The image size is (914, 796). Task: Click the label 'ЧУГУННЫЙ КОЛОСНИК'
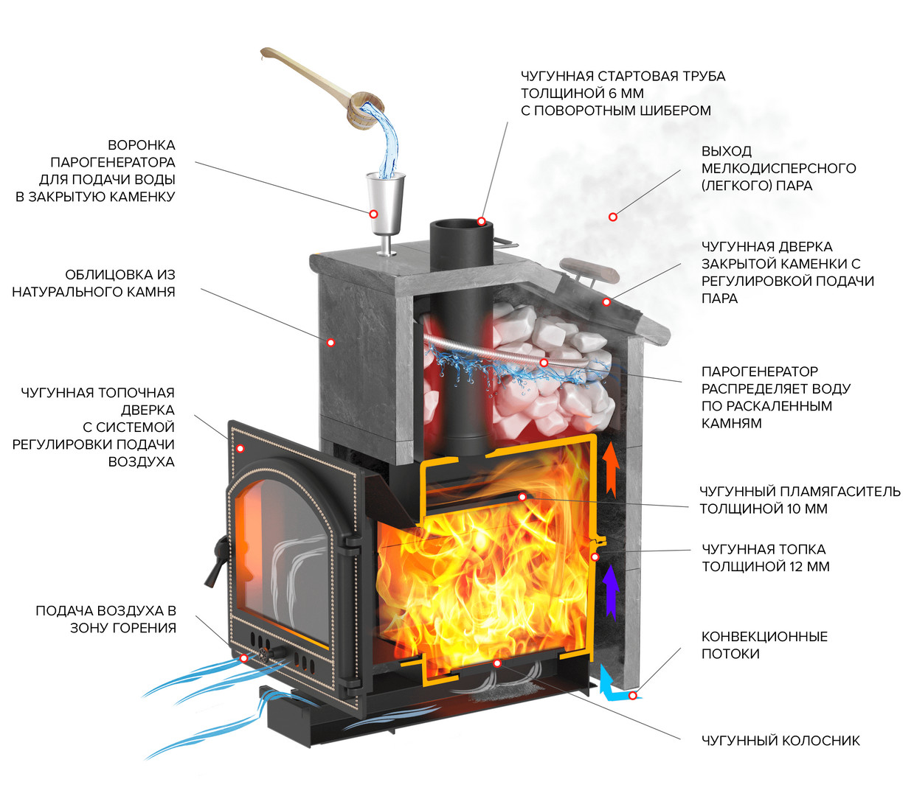(780, 741)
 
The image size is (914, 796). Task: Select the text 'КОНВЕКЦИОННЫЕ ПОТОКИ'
(764, 645)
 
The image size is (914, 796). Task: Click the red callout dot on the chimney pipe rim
(481, 221)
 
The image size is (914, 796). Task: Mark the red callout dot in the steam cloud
(612, 217)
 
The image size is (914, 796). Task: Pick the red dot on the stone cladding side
(331, 342)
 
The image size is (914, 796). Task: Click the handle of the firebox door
(215, 560)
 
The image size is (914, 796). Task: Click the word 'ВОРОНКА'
(141, 145)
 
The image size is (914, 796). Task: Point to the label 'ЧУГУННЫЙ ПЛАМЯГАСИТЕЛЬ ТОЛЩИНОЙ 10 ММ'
(800, 500)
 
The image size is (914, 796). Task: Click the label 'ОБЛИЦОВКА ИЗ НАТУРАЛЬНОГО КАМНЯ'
(94, 283)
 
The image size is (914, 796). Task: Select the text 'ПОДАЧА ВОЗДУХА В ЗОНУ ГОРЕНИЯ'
(106, 619)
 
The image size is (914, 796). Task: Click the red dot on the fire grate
(497, 663)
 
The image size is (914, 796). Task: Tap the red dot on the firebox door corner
(240, 448)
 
